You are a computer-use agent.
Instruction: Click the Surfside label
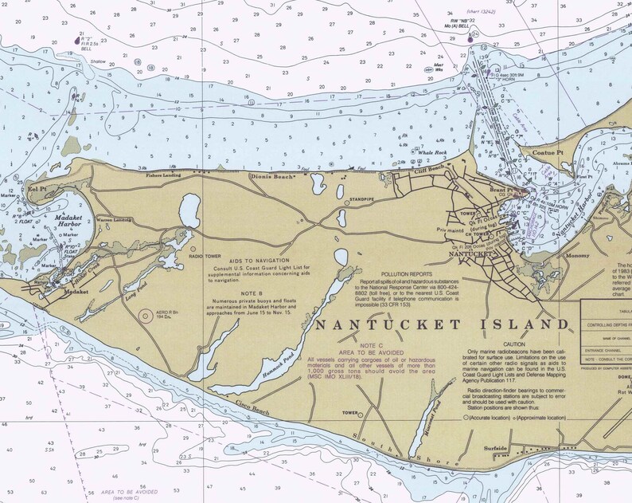point(496,449)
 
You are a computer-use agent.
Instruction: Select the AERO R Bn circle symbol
point(146,316)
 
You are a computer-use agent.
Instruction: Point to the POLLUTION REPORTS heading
point(412,273)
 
